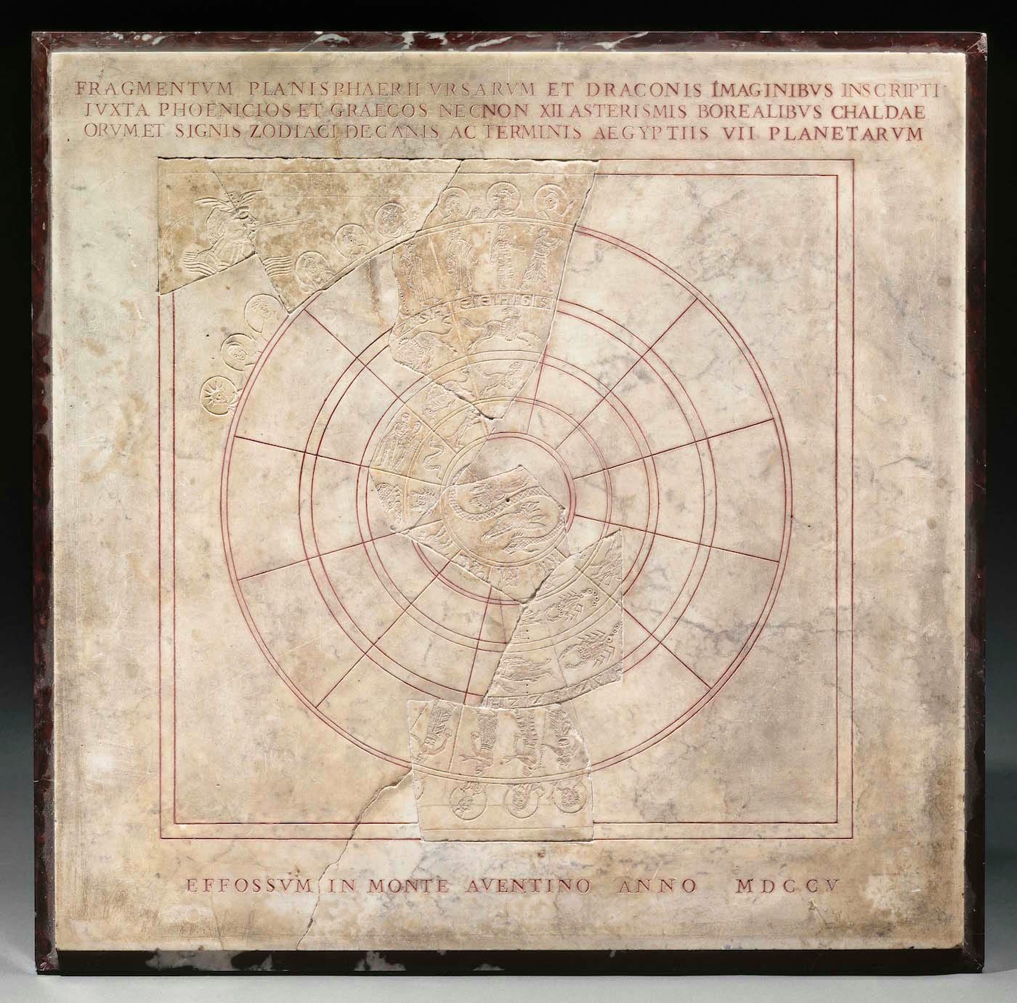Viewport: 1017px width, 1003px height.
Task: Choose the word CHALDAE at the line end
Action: click(x=893, y=112)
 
